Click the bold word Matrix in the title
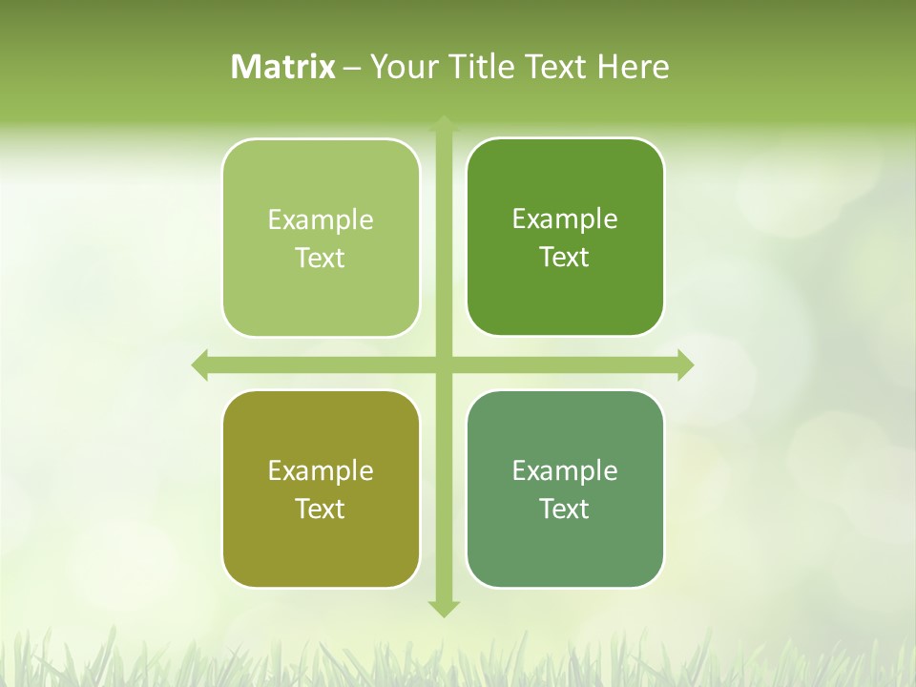click(283, 67)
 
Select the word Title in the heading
click(482, 67)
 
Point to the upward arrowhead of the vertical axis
click(444, 124)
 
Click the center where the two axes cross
click(444, 364)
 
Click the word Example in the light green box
click(321, 220)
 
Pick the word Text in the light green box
click(321, 258)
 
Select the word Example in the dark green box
click(565, 219)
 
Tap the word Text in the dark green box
click(565, 257)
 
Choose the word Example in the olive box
click(321, 471)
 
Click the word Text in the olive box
click(321, 509)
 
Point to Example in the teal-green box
click(565, 471)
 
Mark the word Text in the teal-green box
click(565, 509)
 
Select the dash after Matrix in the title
click(352, 68)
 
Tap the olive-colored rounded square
click(321, 553)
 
